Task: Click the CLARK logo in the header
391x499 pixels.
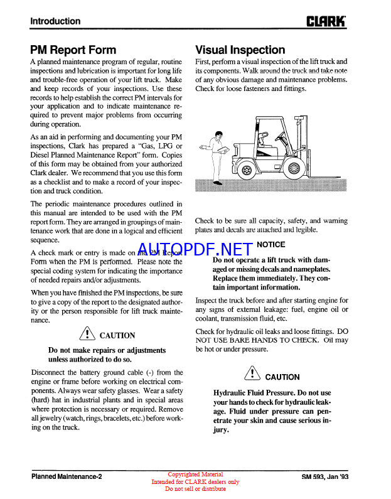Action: click(x=326, y=21)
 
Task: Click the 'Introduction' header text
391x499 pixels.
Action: click(x=55, y=21)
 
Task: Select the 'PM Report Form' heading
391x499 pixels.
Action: click(x=73, y=50)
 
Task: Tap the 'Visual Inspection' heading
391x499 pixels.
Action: click(x=240, y=50)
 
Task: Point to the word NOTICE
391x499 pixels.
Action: click(x=270, y=244)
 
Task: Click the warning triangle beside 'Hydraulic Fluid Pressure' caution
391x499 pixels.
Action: click(x=251, y=375)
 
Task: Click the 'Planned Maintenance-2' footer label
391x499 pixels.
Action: click(x=66, y=476)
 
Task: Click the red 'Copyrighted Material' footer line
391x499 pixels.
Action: click(x=195, y=475)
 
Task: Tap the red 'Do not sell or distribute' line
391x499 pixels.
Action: click(x=195, y=488)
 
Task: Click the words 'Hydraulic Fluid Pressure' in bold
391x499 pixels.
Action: click(x=255, y=393)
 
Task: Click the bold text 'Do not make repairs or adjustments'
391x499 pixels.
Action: click(x=107, y=350)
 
